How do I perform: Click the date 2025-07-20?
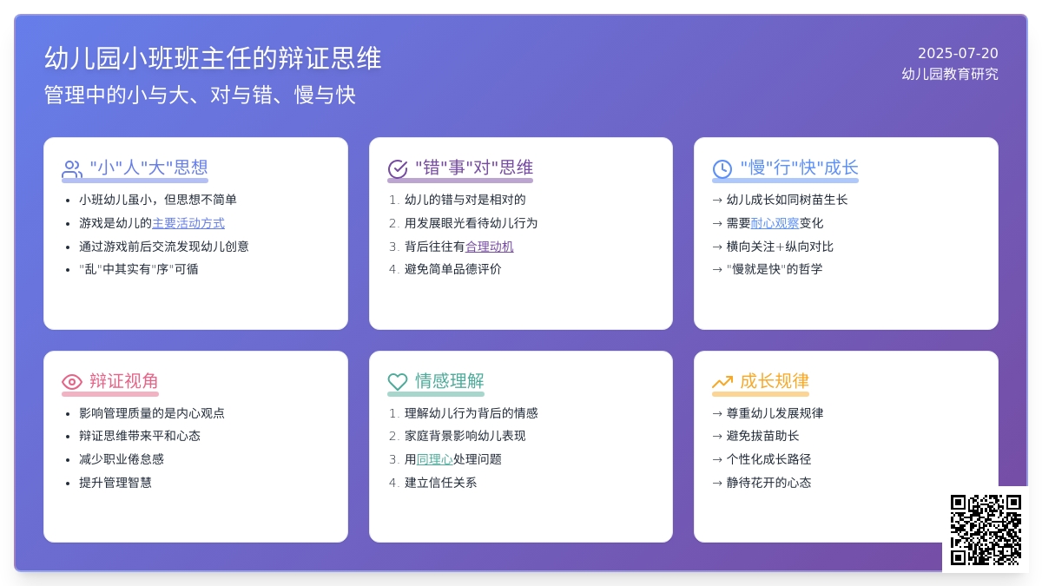coord(958,54)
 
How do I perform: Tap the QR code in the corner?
coord(986,530)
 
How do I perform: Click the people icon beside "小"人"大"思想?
coord(71,168)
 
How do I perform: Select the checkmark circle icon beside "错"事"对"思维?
coord(398,168)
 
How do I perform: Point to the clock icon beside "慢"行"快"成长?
coord(722,168)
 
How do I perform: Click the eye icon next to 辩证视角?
coord(71,382)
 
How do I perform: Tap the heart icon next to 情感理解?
coord(398,382)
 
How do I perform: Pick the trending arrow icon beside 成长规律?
coord(722,382)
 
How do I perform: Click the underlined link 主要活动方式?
coord(188,223)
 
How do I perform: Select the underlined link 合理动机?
coord(490,247)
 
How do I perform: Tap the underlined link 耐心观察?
coord(775,223)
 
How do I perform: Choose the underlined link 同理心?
coord(434,459)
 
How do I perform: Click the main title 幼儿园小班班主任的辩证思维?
coord(213,59)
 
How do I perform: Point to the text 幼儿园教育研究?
coord(950,74)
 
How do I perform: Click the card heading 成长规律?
coord(775,381)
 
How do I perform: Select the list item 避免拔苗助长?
coord(763,436)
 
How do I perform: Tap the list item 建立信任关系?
coord(440,483)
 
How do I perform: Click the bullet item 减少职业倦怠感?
coord(122,459)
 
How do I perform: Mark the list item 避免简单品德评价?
coord(452,269)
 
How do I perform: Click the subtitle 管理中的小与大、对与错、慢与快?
coord(200,95)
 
